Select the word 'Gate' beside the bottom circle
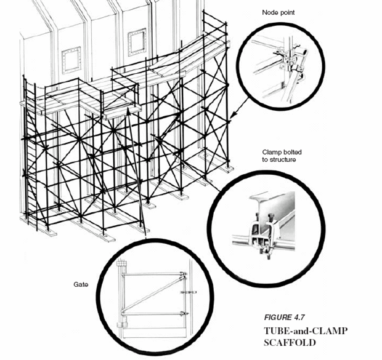(x=80, y=284)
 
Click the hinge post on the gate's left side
(x=120, y=295)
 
